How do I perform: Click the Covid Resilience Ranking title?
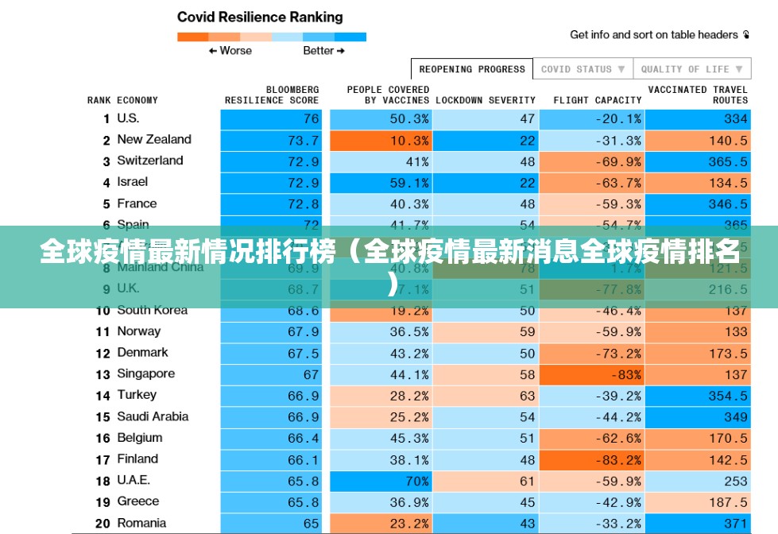pos(260,17)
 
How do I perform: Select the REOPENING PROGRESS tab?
pos(472,69)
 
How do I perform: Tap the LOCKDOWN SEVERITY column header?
pos(486,100)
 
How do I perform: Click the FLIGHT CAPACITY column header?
pos(597,100)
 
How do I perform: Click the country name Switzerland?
pos(149,161)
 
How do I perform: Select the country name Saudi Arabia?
pos(153,416)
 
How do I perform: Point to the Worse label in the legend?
pos(230,51)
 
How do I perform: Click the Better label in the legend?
pos(323,51)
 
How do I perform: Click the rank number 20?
pos(103,523)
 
